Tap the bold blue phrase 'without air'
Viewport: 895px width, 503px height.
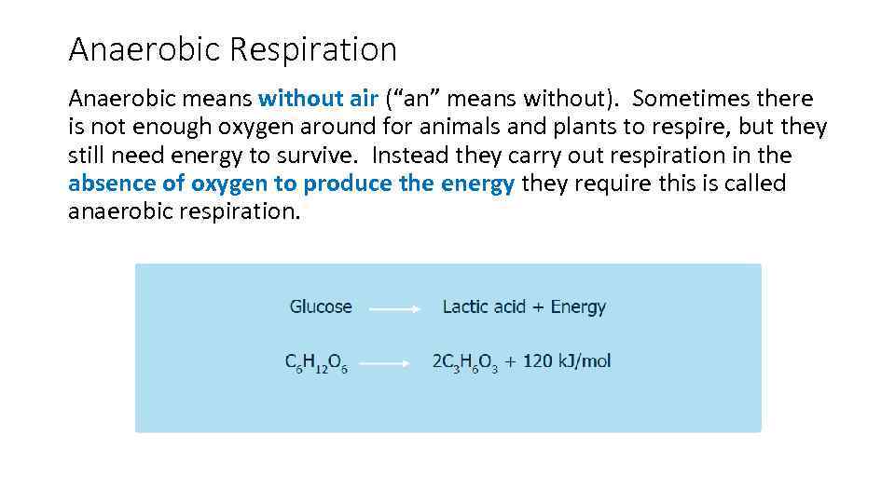(318, 99)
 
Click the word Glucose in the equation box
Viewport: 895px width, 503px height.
(321, 306)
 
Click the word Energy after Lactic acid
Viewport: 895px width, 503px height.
(578, 306)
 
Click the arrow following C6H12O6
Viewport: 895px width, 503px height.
(385, 364)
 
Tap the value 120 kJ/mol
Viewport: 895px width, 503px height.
(567, 361)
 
